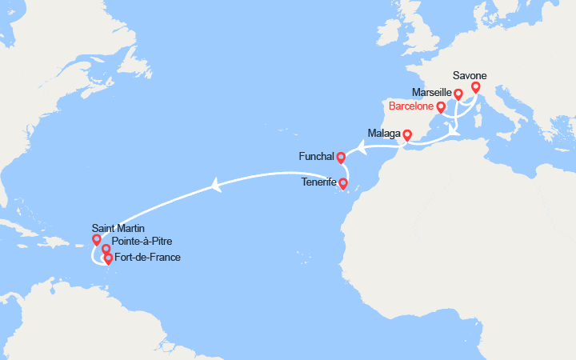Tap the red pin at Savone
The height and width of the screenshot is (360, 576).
point(476,87)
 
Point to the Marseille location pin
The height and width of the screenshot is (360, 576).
point(458,94)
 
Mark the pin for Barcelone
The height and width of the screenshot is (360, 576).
point(441,108)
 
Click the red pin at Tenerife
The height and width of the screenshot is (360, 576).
point(343,184)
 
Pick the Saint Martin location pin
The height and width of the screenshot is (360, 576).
point(97,239)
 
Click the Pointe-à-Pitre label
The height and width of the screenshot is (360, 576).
point(142,242)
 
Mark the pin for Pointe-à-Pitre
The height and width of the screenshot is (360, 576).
point(106,250)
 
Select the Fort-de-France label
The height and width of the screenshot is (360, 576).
point(148,257)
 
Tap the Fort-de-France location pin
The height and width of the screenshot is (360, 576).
point(108,258)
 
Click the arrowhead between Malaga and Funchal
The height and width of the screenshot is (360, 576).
point(361,147)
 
